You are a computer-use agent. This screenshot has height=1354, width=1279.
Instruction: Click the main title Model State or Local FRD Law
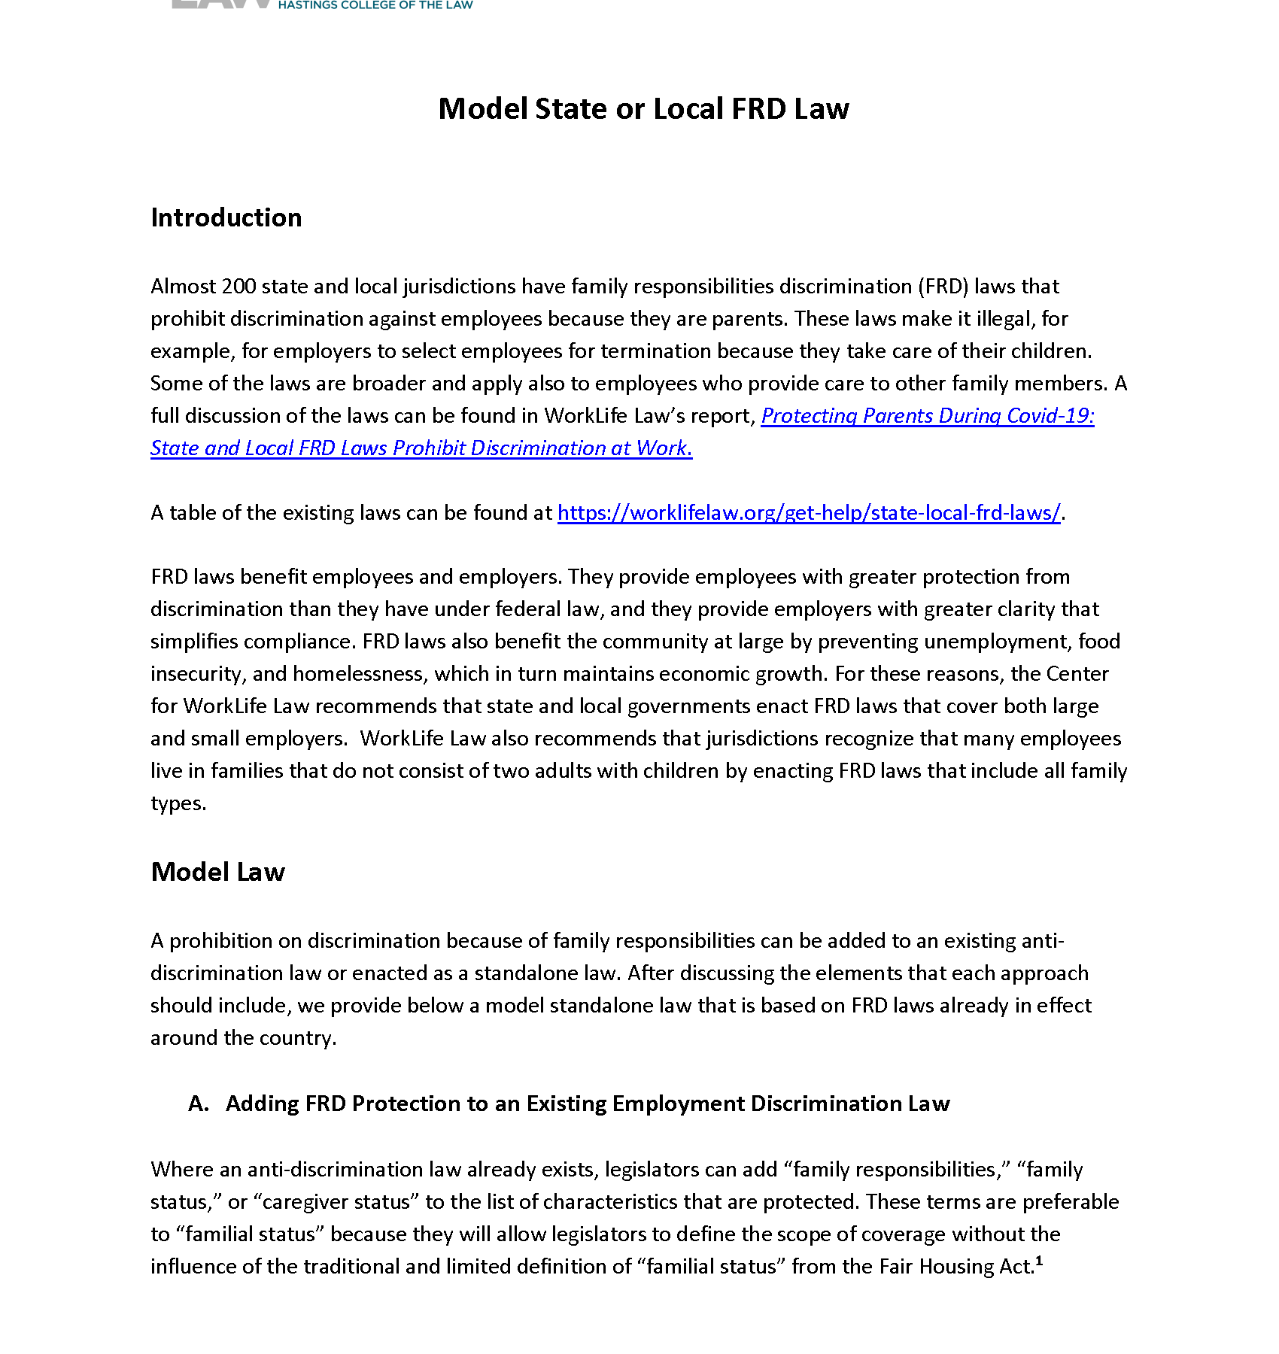[643, 109]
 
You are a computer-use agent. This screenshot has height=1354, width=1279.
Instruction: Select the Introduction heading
[226, 217]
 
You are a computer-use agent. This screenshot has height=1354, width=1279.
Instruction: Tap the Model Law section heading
[217, 872]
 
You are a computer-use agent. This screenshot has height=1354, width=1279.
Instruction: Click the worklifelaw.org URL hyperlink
[809, 513]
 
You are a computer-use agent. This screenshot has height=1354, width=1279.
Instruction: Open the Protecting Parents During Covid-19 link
[927, 416]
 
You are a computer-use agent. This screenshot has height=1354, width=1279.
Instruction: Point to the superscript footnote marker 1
[1039, 1260]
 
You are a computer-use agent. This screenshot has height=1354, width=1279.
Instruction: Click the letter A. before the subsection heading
[199, 1104]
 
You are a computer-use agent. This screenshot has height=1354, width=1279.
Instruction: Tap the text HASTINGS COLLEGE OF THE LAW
[375, 5]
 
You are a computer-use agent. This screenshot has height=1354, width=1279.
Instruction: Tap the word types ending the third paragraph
[178, 803]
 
